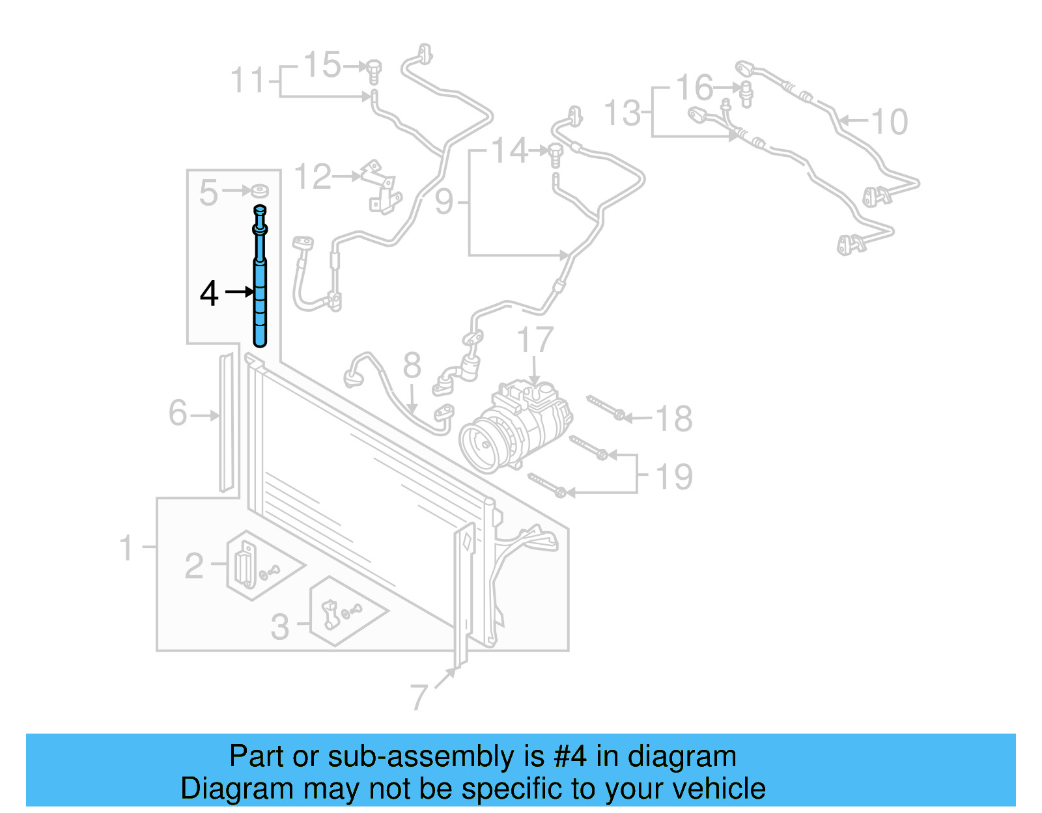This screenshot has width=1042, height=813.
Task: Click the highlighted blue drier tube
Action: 260,299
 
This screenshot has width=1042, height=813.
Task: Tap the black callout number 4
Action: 208,294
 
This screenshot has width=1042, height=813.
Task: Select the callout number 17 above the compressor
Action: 535,340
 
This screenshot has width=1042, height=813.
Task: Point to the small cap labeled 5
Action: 260,191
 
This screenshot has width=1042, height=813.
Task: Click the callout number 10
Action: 889,122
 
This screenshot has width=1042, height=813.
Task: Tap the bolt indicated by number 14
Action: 555,154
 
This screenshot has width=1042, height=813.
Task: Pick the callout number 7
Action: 419,697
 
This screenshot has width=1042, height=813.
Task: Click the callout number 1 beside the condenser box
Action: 126,547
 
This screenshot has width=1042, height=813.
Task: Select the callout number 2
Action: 194,566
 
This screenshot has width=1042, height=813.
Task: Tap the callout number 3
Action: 280,626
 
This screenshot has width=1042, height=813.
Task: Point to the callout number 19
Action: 674,476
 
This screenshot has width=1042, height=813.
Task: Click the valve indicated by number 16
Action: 746,93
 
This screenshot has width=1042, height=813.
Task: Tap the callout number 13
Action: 623,113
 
